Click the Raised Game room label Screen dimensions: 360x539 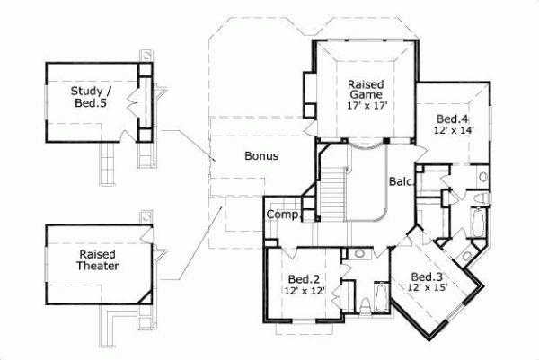pos(366,88)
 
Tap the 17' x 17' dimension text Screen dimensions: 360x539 pos(366,105)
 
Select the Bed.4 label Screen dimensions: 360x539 pos(453,119)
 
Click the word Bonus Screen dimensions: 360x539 pos(261,155)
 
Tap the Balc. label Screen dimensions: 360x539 pos(401,181)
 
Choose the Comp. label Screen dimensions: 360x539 pos(280,215)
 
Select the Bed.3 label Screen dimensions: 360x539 pos(426,276)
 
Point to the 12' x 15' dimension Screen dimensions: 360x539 pos(427,287)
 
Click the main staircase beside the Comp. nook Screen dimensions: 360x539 pos(333,193)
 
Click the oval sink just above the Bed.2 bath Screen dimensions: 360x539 pos(361,255)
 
